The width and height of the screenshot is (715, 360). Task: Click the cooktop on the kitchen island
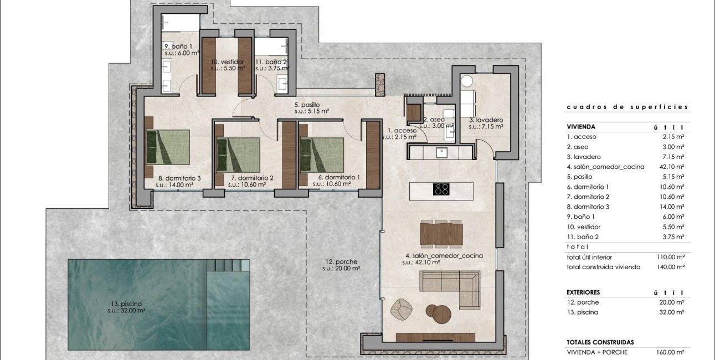tap(441, 189)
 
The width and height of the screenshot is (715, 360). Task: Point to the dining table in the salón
tap(441, 233)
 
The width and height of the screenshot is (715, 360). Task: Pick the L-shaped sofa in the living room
tap(454, 285)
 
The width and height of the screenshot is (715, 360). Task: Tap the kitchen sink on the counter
tap(441, 152)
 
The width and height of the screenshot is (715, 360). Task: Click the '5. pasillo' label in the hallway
tap(306, 104)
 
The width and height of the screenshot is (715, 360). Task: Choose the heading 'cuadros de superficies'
tap(627, 107)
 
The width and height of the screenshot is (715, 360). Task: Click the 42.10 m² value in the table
tap(672, 167)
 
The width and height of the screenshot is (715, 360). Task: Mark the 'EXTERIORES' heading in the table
tap(583, 292)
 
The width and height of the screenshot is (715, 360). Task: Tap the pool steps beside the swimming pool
tap(228, 265)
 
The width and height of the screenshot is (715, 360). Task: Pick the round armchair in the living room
tap(399, 308)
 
